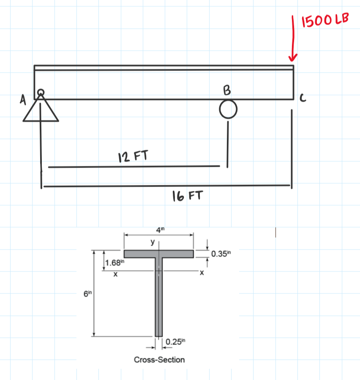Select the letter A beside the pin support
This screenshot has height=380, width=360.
23,100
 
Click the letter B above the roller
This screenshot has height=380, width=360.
227,90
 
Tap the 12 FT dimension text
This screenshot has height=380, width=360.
133,156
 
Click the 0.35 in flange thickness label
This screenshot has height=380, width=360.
221,254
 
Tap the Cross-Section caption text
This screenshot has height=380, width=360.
159,360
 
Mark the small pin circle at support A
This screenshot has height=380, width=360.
41,92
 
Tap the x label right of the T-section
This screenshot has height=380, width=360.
202,273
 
